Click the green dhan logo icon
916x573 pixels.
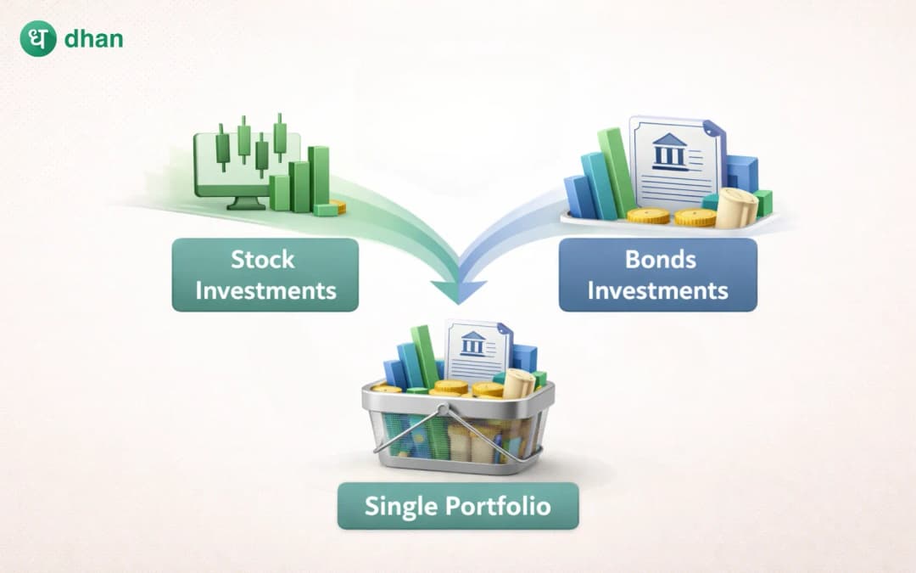point(38,38)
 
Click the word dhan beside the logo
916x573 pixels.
point(93,39)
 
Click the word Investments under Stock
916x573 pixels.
point(265,290)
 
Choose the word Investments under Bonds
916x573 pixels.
point(658,290)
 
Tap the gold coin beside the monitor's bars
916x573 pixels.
point(338,205)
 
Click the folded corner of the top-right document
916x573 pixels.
point(714,129)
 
